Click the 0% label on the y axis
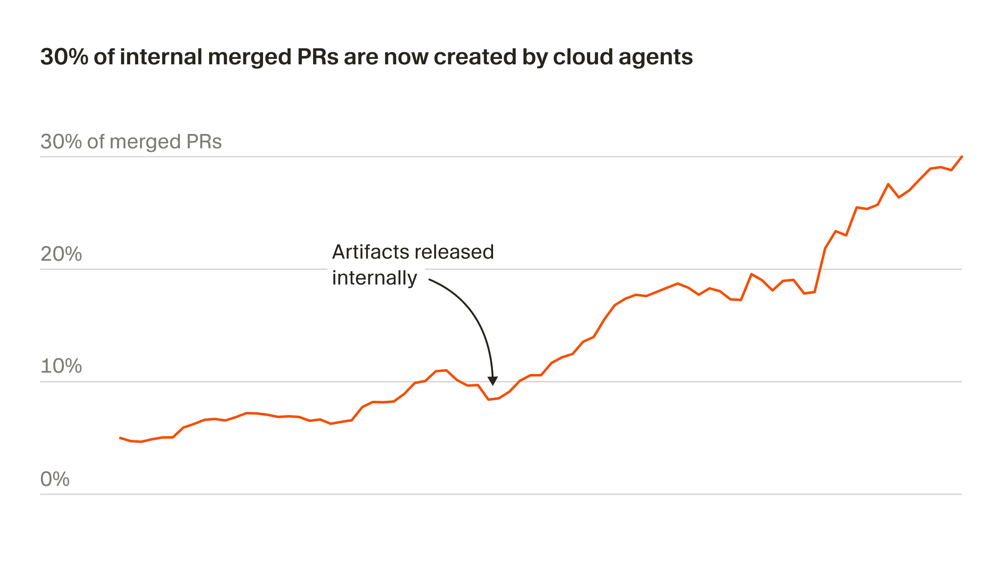(x=55, y=479)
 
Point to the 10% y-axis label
(x=61, y=366)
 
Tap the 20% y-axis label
(x=61, y=254)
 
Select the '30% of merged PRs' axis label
(x=131, y=142)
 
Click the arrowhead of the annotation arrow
(x=493, y=381)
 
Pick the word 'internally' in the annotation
(x=374, y=278)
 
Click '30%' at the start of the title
(x=64, y=57)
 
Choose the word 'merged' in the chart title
(x=250, y=58)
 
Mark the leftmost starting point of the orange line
(x=120, y=438)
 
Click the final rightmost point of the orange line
(x=962, y=157)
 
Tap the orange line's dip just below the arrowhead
(x=488, y=400)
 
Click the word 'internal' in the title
(x=161, y=57)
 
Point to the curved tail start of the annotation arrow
(x=430, y=280)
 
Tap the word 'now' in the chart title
(x=406, y=58)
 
